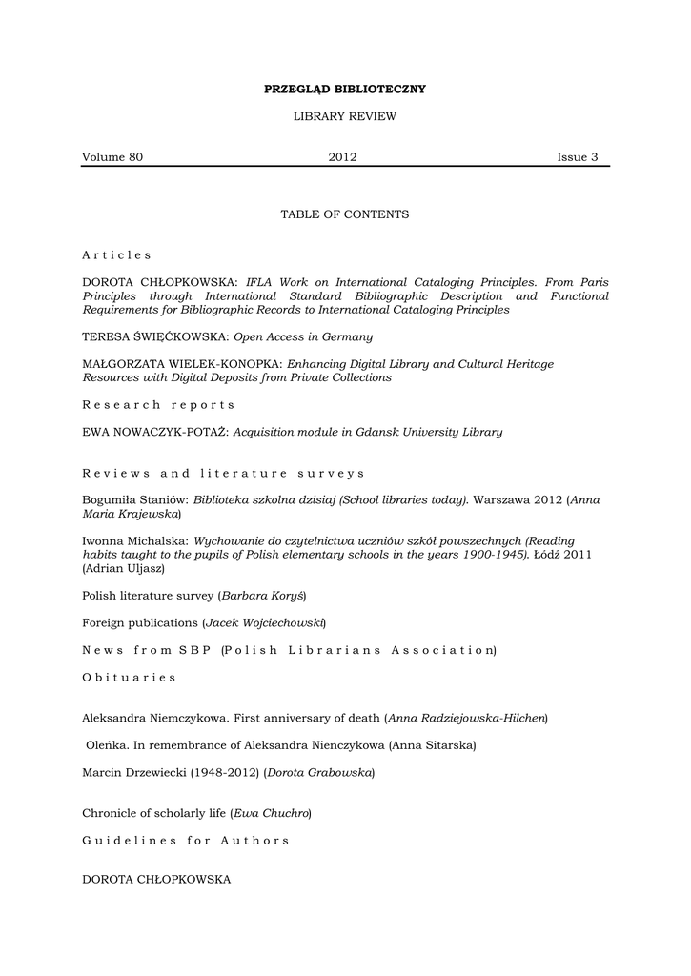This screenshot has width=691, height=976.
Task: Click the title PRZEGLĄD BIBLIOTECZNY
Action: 344,90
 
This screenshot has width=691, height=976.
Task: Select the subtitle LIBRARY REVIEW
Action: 344,116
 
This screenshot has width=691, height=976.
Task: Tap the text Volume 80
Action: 112,157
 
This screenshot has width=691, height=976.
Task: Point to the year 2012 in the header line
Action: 342,157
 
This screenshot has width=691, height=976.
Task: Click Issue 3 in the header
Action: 578,157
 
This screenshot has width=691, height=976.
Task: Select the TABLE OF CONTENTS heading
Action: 344,214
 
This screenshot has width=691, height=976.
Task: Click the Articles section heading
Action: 116,255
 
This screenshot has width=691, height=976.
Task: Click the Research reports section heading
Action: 158,405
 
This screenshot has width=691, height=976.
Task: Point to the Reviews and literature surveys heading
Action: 223,473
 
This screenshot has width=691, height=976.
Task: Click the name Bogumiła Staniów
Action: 135,499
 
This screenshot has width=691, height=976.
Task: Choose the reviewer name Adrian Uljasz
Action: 123,568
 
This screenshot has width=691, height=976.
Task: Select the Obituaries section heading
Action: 130,677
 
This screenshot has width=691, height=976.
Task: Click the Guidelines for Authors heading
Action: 186,841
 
